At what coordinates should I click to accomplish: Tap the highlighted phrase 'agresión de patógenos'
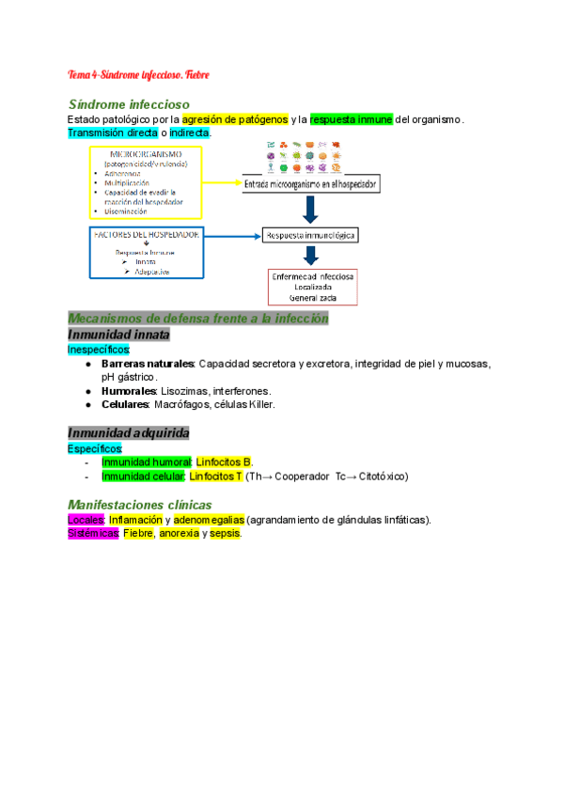pos(235,119)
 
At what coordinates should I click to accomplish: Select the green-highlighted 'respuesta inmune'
pos(352,119)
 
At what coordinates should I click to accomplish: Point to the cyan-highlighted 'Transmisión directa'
pos(112,133)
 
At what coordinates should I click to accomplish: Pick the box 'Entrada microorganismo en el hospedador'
pos(310,185)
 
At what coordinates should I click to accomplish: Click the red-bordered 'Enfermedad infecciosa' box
pos(312,287)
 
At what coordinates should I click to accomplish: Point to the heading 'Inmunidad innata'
pos(117,334)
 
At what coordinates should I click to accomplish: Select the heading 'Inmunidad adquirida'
pos(129,433)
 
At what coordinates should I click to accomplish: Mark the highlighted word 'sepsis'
pos(226,534)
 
